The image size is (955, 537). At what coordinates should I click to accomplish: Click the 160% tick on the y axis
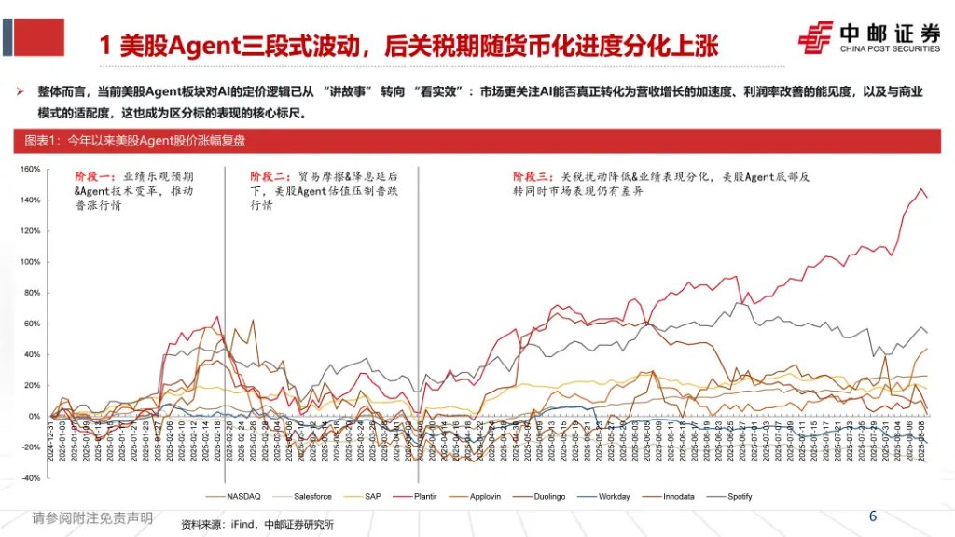click(29, 169)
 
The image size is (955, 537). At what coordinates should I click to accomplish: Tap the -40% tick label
click(29, 478)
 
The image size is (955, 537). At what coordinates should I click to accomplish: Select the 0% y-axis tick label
click(34, 417)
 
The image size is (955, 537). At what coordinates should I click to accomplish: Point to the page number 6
click(873, 516)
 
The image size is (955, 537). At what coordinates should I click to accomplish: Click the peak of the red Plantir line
click(922, 189)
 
